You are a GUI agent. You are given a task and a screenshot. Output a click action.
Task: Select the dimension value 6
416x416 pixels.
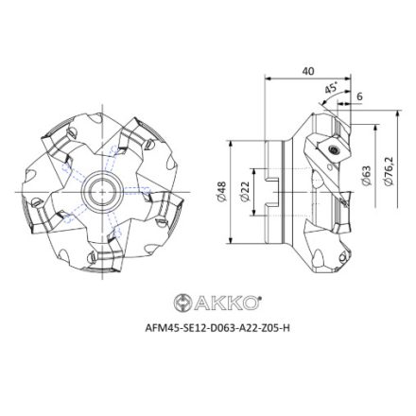360,97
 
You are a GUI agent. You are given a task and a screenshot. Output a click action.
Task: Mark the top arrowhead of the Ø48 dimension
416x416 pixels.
232,145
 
